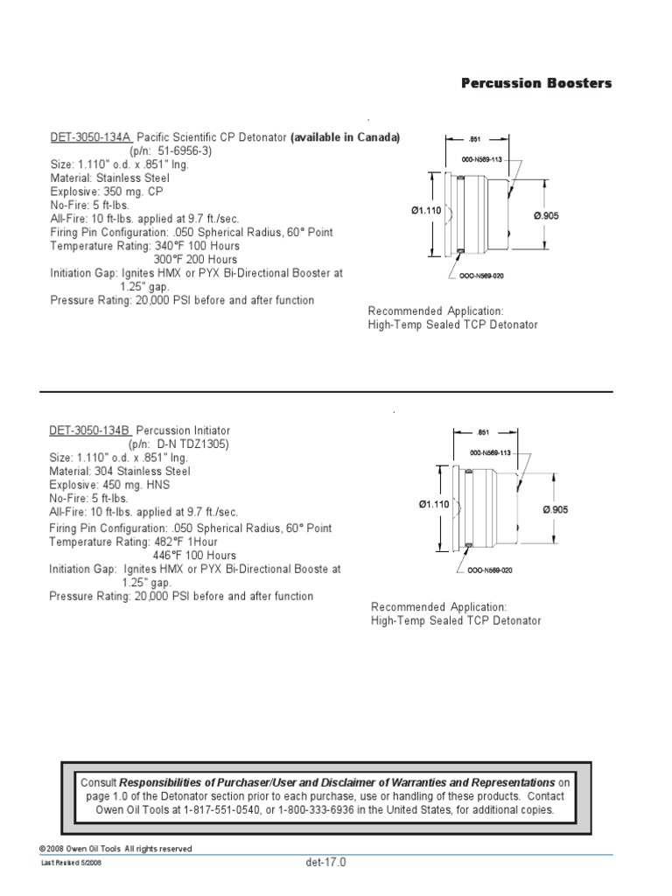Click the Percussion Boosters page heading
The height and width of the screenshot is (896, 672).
(536, 83)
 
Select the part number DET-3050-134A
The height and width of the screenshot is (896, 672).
(90, 137)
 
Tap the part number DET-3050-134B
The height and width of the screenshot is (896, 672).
(90, 431)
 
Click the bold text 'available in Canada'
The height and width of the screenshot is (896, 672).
(345, 137)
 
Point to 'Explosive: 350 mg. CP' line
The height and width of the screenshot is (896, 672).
(106, 191)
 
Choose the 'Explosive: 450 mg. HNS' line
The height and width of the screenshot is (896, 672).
(108, 485)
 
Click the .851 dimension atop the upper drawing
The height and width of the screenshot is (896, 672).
(474, 139)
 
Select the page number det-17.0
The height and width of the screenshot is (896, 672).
(326, 862)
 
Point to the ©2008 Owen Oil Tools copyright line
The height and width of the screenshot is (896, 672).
(115, 849)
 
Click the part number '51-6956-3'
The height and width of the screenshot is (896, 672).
(182, 150)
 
